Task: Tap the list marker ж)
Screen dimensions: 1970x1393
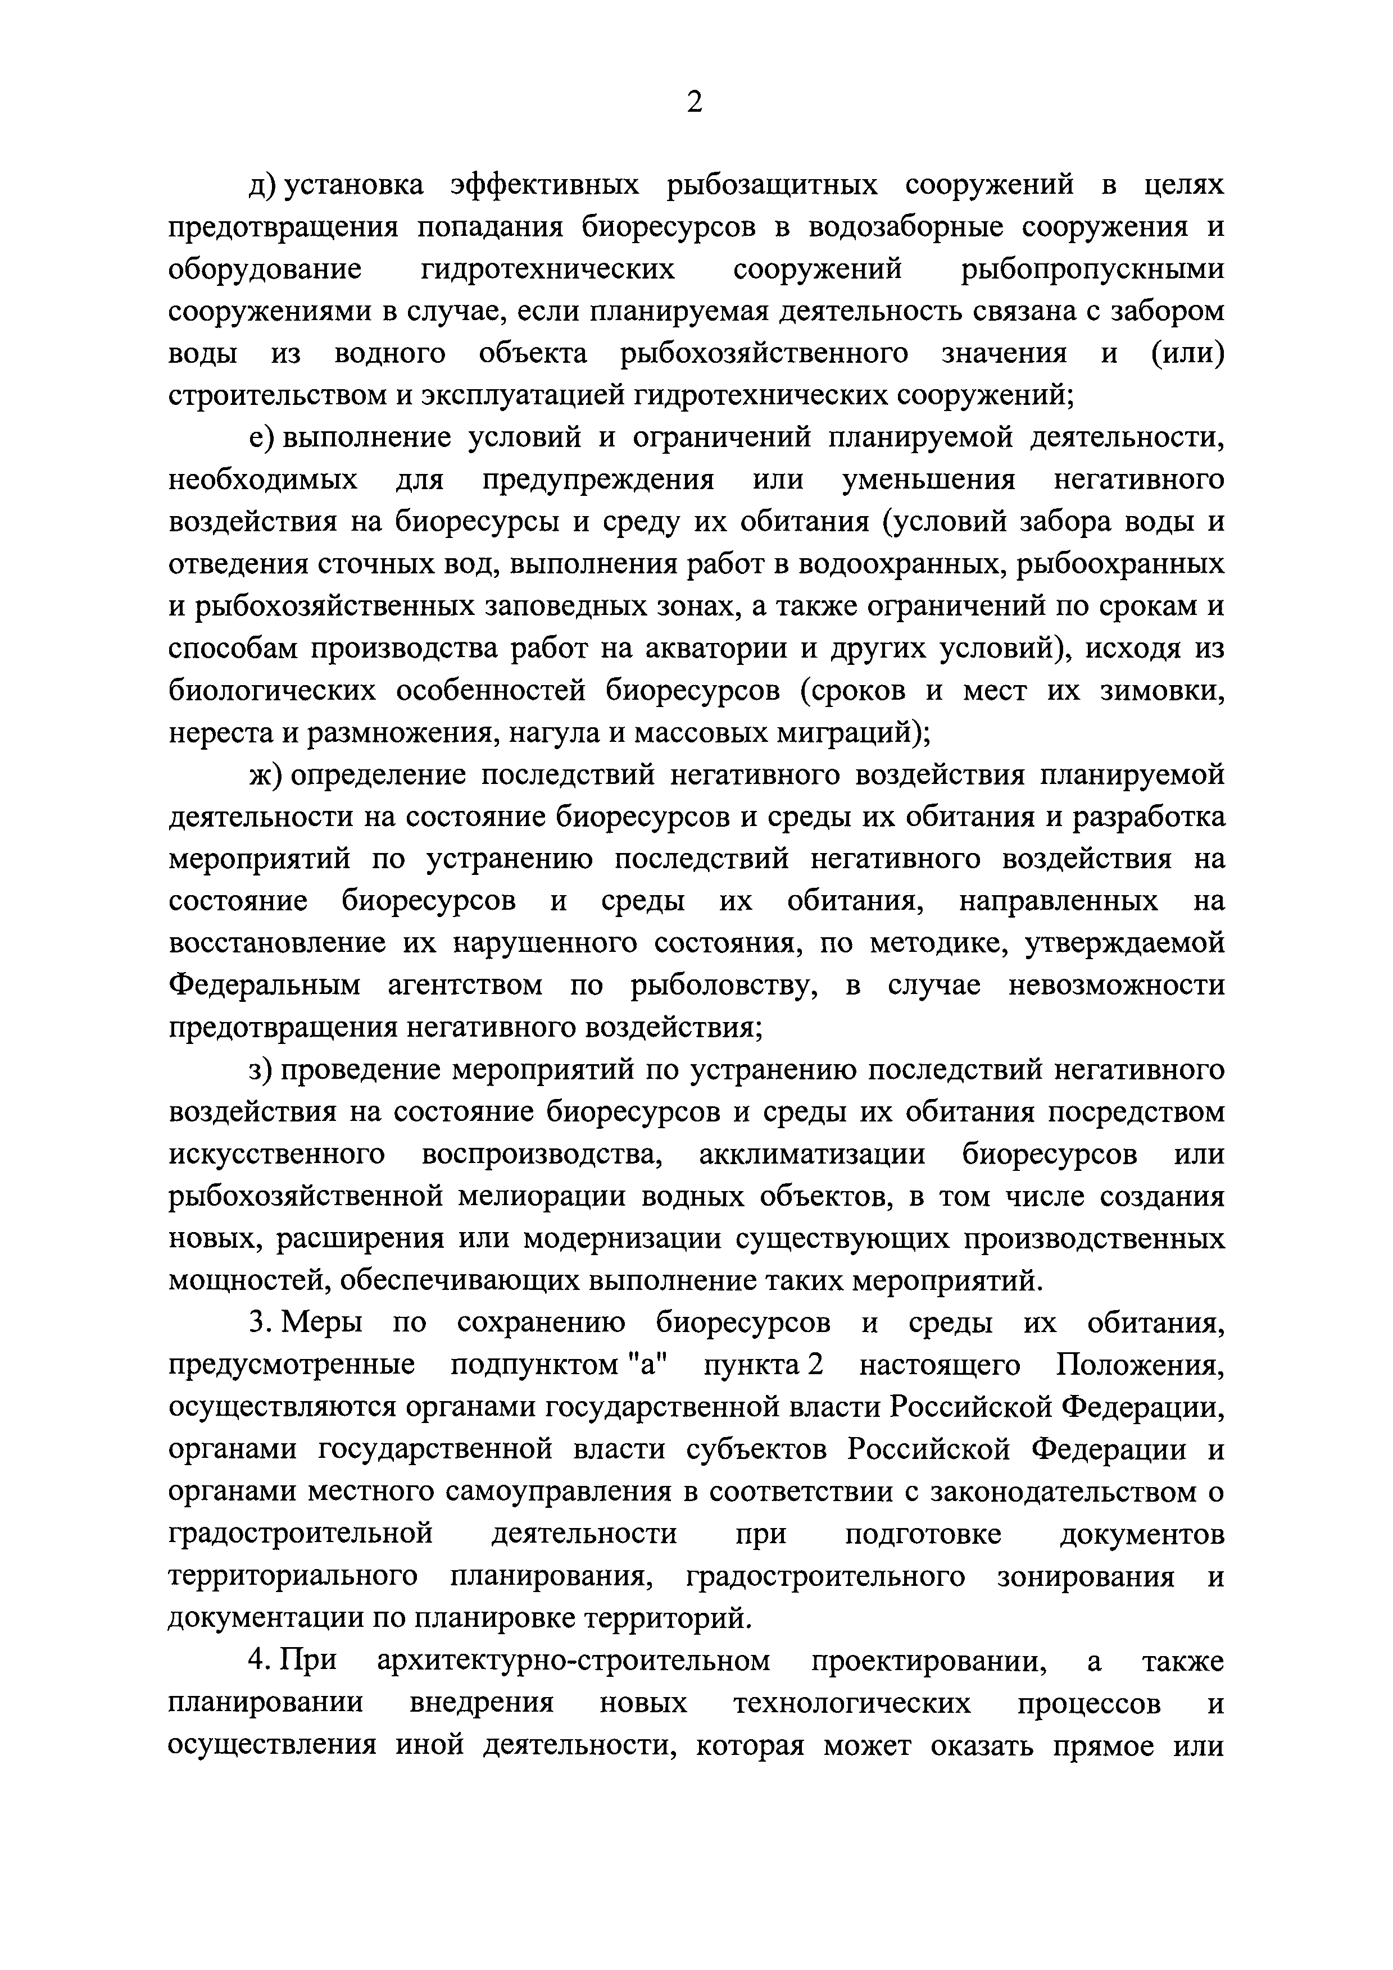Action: click(265, 775)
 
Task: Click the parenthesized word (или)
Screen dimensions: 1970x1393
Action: click(1187, 353)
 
